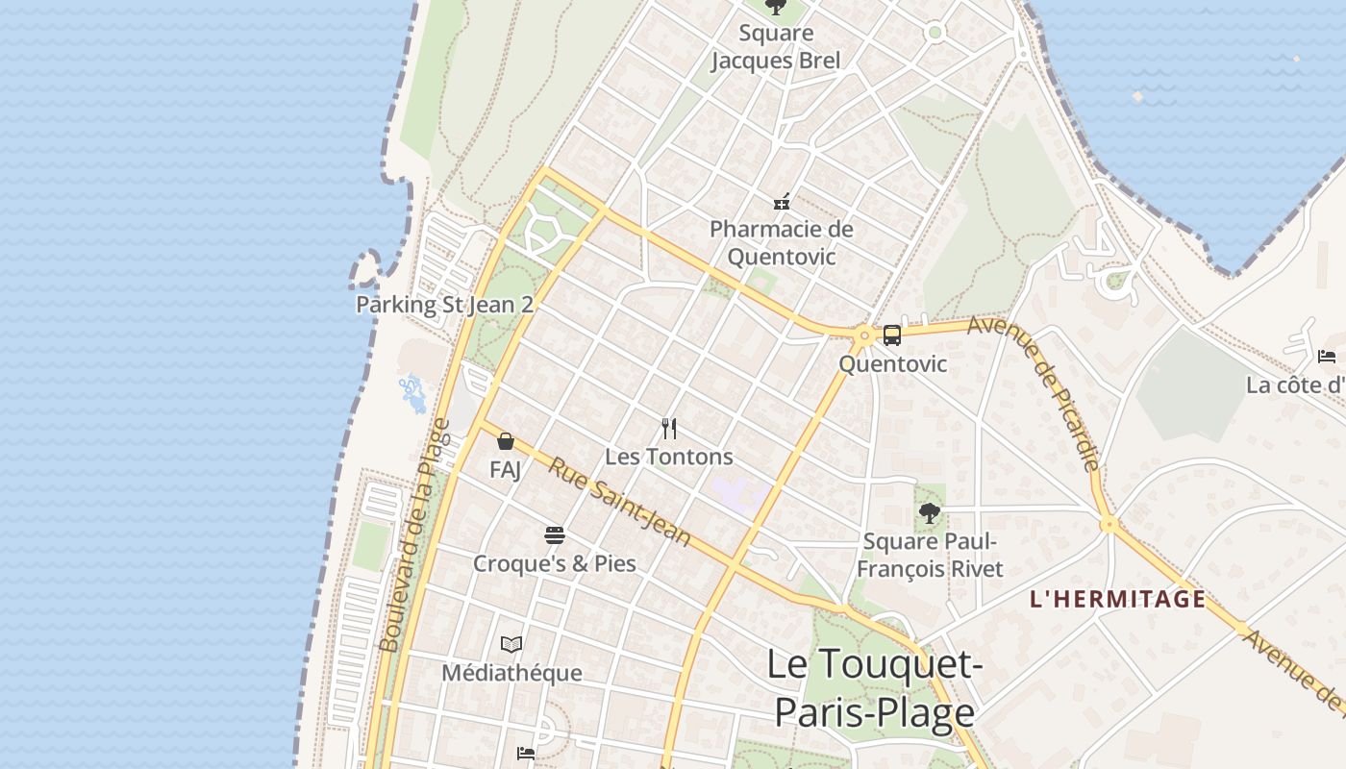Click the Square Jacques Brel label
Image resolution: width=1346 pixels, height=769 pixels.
pos(775,47)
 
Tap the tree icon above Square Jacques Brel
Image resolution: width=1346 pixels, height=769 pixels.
pos(775,8)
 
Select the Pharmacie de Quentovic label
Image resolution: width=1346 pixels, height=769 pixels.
pos(781,243)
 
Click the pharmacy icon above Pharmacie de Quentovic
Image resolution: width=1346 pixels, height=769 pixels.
pos(782,202)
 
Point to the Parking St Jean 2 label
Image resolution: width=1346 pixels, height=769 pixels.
pos(444,305)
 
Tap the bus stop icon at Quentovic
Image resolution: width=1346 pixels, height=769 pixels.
pos(892,335)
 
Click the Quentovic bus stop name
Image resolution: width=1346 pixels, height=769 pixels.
pos(892,364)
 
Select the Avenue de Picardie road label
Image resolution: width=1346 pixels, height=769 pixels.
pos(1034,393)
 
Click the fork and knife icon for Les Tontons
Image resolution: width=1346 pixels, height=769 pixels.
pos(669,429)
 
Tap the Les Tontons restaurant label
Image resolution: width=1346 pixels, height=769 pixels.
pos(669,457)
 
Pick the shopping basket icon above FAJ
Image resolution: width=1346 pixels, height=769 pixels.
pos(506,442)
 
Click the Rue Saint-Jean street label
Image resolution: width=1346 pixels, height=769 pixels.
pos(620,502)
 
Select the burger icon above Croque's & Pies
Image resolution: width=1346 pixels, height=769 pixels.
pos(555,535)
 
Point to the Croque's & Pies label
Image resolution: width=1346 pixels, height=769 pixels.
pos(555,563)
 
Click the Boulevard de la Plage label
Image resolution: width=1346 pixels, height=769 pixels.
pos(414,535)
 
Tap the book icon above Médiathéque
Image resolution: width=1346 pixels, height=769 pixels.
pos(511,644)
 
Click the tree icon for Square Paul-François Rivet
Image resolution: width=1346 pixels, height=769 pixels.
pos(929,513)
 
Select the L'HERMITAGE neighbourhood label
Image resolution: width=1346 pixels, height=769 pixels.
pos(1117,600)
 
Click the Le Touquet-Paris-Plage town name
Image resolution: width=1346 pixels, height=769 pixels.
pos(874,688)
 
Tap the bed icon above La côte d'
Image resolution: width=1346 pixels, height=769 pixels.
pos(1327,357)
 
